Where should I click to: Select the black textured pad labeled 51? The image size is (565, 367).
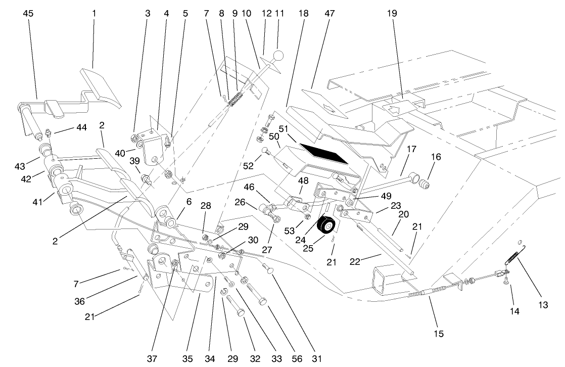coord(323,154)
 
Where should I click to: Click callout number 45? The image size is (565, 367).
coord(28,14)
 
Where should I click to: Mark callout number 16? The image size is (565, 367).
coord(436,157)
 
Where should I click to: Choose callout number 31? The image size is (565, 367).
coord(316,358)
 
